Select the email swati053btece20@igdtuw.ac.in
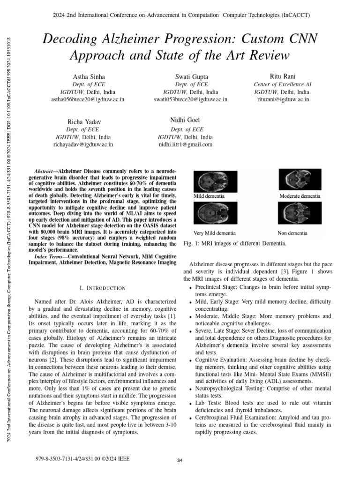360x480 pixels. pyautogui.click(x=191, y=99)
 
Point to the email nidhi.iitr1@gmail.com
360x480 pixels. pyautogui.click(x=185, y=144)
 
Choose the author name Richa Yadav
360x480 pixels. pyautogui.click(x=83, y=122)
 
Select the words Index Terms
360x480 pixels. pyautogui.click(x=48, y=257)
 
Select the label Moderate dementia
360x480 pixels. pyautogui.click(x=300, y=195)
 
